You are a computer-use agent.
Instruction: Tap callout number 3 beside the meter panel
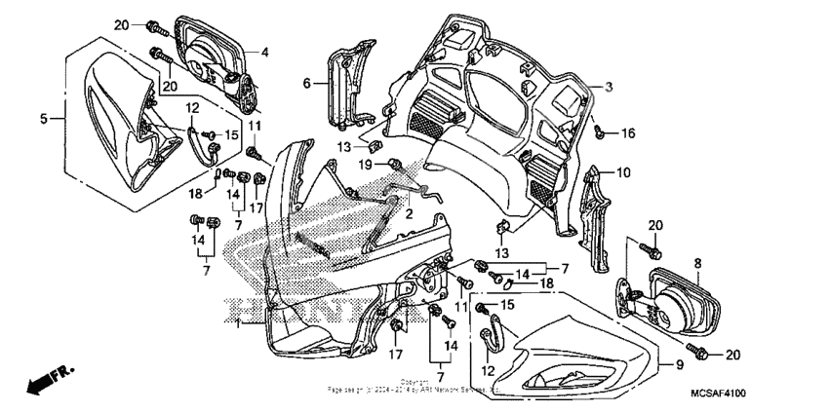click(x=608, y=87)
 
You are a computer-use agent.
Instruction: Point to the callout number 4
click(x=263, y=51)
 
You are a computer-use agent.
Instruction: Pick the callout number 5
click(x=44, y=119)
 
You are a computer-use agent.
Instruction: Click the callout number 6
click(x=306, y=84)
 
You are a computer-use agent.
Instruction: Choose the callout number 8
click(x=697, y=263)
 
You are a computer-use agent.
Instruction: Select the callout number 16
click(x=629, y=131)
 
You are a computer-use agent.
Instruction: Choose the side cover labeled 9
click(x=575, y=356)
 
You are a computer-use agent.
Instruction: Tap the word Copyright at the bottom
click(x=414, y=382)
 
